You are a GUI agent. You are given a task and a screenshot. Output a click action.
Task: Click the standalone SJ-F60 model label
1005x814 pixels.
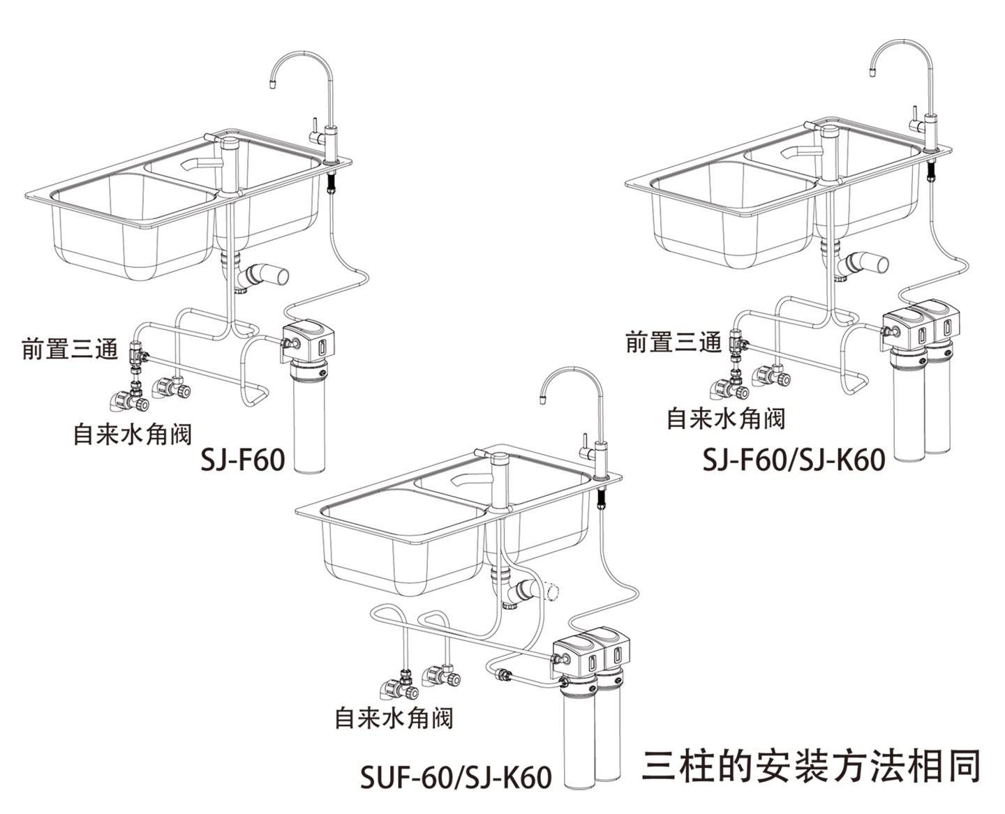pos(242,460)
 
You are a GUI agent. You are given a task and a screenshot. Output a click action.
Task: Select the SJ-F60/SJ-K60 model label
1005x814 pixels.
pos(794,460)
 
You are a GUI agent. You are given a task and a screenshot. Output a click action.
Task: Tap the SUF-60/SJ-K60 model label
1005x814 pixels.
pos(455,777)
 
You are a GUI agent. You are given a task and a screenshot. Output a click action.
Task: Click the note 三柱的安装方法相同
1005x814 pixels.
pos(811,766)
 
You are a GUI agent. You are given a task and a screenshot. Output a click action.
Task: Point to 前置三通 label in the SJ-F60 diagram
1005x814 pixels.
pos(70,349)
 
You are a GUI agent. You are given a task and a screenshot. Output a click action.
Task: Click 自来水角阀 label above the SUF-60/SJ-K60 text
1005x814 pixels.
pos(394,718)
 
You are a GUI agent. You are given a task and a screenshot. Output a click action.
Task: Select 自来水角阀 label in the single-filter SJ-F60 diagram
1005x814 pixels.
pos(133,434)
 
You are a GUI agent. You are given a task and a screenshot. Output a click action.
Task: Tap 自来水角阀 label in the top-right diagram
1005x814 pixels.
pos(726,419)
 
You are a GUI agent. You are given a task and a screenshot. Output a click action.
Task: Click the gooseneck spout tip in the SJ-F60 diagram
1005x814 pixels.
pos(272,84)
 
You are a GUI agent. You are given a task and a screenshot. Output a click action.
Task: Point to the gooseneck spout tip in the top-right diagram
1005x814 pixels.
pos(873,69)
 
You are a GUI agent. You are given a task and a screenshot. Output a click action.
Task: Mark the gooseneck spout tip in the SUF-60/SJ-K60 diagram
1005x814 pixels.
pos(542,399)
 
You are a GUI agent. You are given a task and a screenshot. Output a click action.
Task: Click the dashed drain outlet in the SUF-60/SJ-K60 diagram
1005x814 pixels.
pos(553,591)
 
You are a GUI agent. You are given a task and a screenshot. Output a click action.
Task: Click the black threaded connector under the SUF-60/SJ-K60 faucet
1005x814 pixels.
pos(602,498)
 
